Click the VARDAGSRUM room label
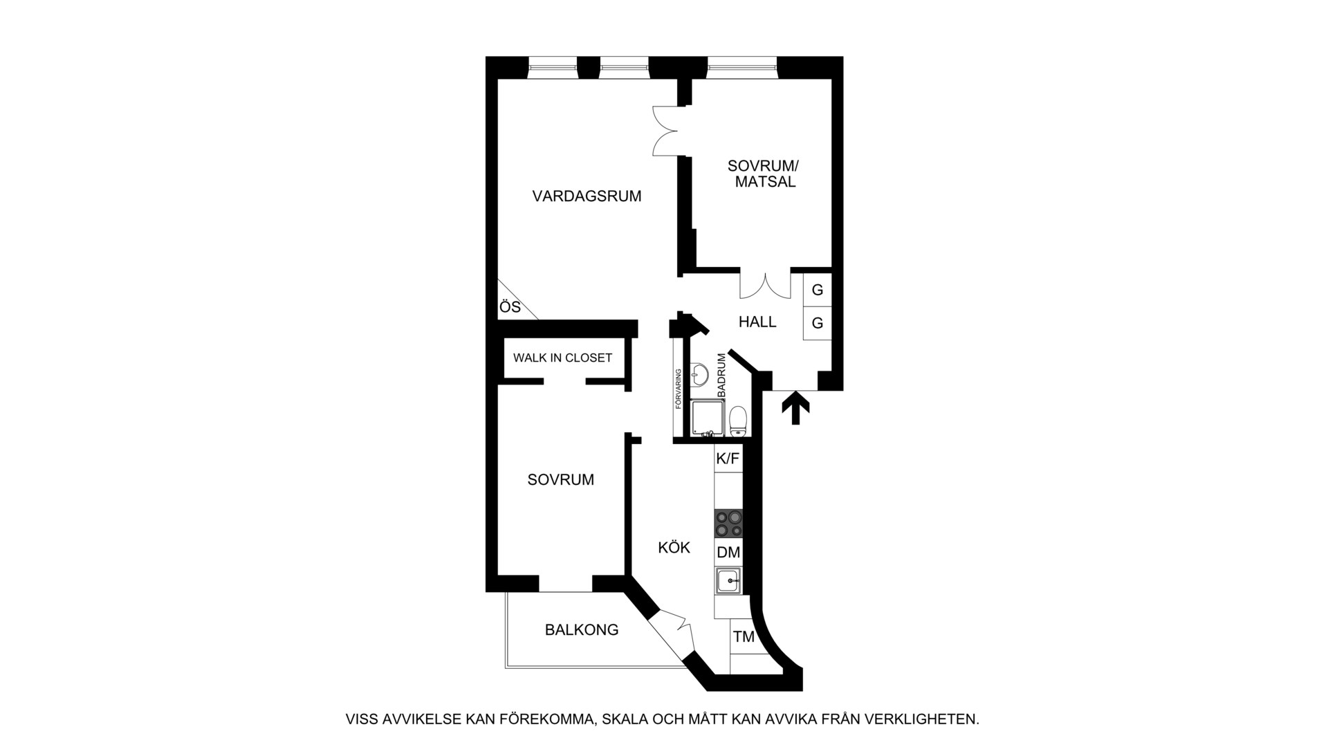click(x=587, y=196)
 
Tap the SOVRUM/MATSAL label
click(x=763, y=174)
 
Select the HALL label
click(x=757, y=322)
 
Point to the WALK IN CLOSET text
click(x=562, y=358)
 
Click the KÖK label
click(x=674, y=548)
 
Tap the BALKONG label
click(x=582, y=630)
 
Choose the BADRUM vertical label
click(x=722, y=375)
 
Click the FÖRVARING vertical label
click(x=679, y=389)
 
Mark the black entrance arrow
click(x=795, y=408)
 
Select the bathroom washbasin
click(x=699, y=374)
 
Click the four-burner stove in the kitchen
click(x=728, y=523)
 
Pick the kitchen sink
click(x=728, y=580)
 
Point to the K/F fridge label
click(x=728, y=458)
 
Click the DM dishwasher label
click(x=728, y=553)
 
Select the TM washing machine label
click(x=744, y=637)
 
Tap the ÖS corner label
click(x=510, y=307)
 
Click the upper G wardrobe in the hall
click(x=817, y=290)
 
